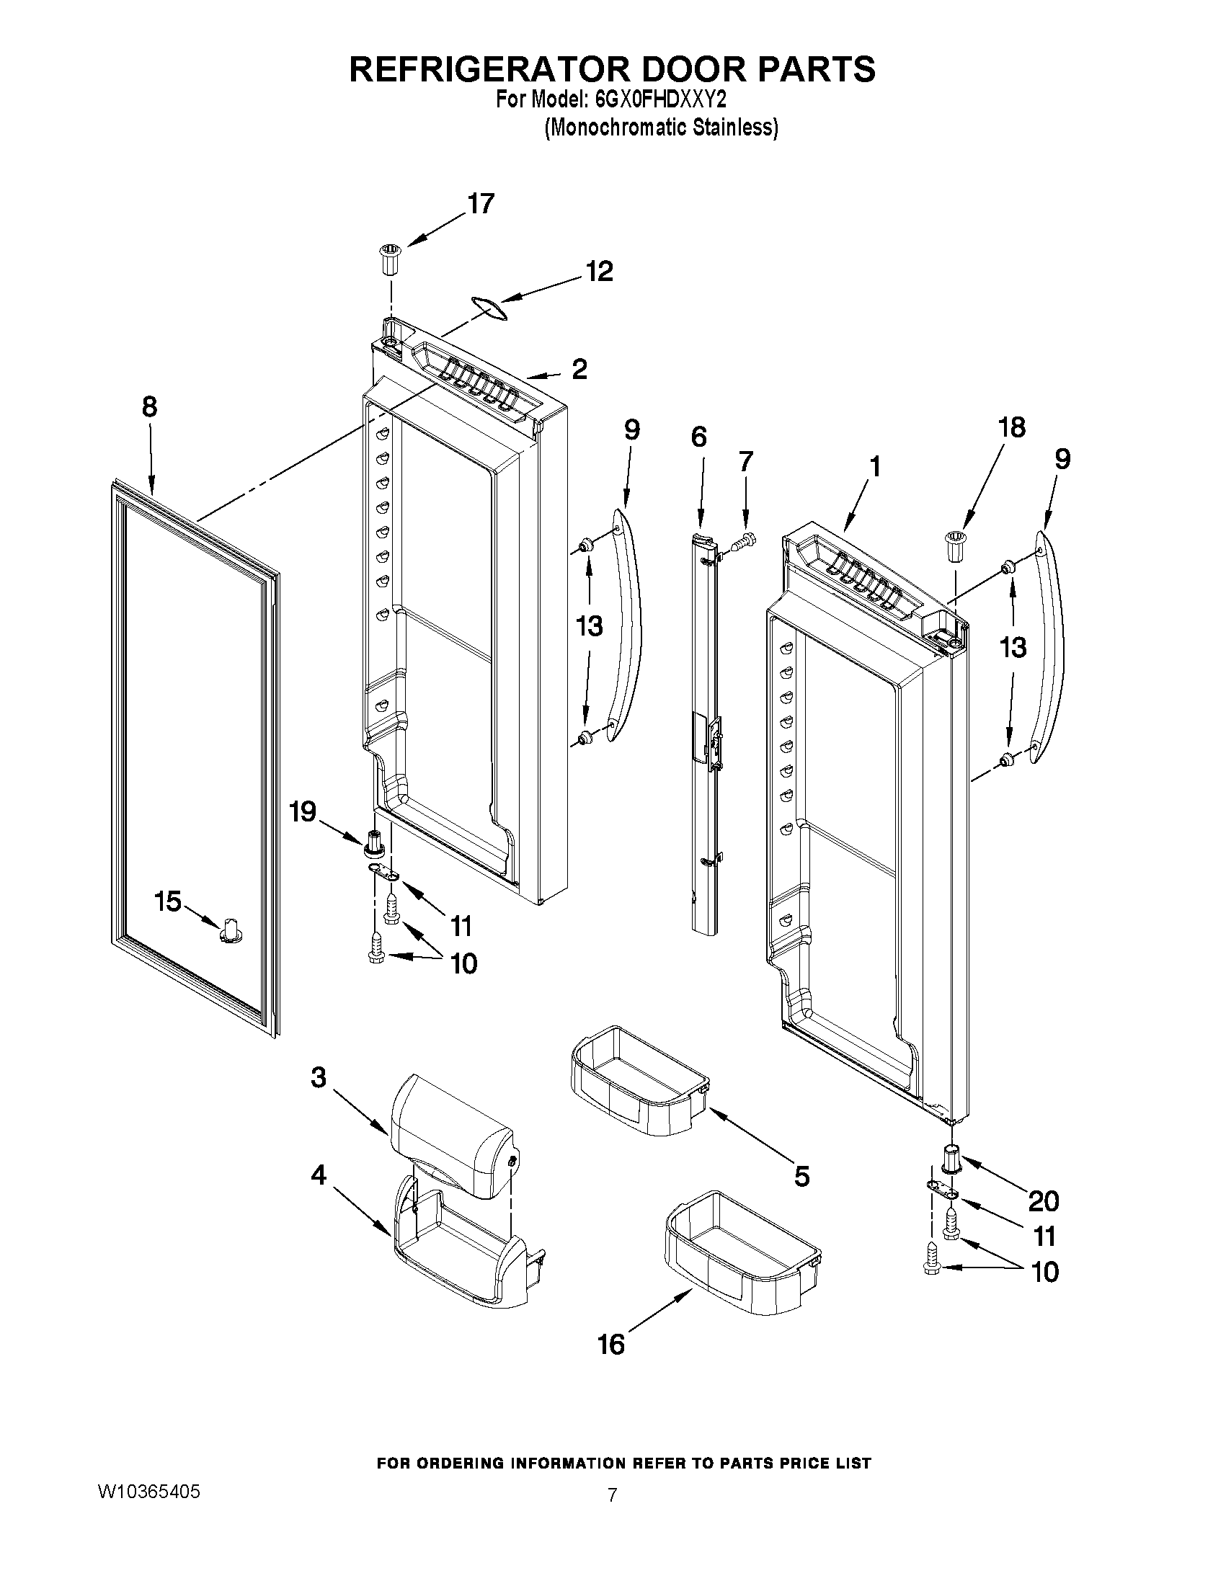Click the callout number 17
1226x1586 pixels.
(x=481, y=204)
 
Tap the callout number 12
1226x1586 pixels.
(x=599, y=271)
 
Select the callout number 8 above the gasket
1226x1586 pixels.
(x=149, y=406)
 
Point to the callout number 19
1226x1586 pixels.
(x=303, y=812)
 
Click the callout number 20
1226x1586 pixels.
(x=1044, y=1201)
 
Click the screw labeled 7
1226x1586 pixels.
(x=745, y=540)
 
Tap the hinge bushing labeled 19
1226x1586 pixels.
(x=374, y=844)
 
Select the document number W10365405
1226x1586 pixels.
(x=148, y=1489)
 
